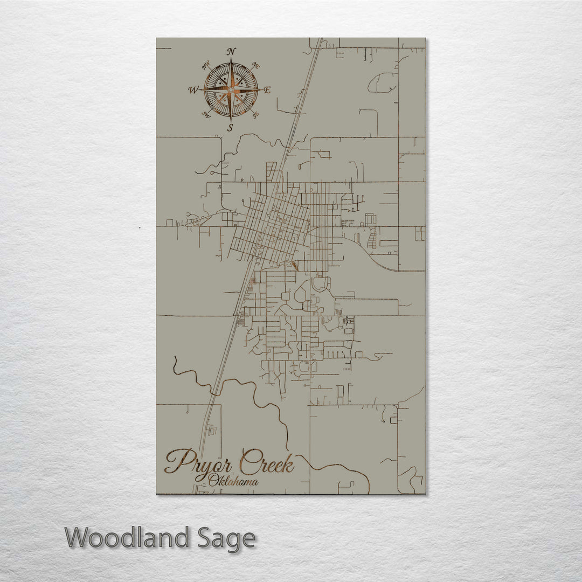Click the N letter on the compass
click(x=231, y=52)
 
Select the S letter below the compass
click(x=230, y=128)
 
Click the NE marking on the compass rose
click(x=257, y=66)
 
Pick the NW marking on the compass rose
click(x=205, y=66)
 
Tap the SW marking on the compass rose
click(x=205, y=114)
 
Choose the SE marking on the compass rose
click(x=256, y=114)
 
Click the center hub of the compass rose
click(x=231, y=89)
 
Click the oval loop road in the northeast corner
click(x=383, y=82)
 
